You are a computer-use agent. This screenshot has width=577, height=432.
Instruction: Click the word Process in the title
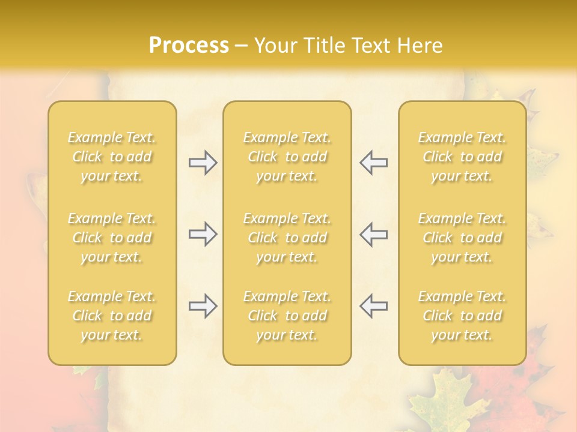coord(189,46)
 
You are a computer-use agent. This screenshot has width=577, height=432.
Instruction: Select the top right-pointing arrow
coord(203,163)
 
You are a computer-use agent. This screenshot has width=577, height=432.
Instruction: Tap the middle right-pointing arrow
coord(203,234)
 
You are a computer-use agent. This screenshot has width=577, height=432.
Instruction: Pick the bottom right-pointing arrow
coord(203,306)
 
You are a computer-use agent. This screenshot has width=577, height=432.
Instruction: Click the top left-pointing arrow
coord(373,163)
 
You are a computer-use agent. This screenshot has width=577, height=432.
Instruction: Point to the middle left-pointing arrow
coord(373,234)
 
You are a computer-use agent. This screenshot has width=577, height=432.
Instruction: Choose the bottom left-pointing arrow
coord(373,306)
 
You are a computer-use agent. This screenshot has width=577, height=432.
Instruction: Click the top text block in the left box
coord(112,157)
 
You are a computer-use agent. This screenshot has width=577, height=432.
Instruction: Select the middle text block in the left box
coord(112,238)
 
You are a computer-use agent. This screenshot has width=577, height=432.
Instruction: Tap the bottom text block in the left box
coord(112,316)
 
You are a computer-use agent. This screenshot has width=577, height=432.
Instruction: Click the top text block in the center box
coord(287,157)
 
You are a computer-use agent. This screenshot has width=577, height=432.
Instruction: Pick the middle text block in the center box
coord(287,238)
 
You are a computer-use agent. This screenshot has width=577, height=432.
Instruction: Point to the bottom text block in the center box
coord(287,316)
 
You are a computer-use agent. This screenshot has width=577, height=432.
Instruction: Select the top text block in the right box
coord(462,157)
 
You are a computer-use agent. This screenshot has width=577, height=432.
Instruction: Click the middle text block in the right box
coord(462,238)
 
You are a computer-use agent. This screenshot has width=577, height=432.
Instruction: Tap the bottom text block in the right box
coord(462,316)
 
